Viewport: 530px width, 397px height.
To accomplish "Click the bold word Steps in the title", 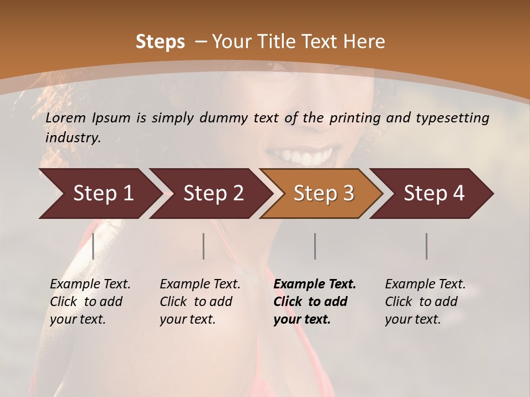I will (x=160, y=42).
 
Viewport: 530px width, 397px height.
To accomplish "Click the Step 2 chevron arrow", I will (x=210, y=194).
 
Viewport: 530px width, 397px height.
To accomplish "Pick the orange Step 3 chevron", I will (x=321, y=194).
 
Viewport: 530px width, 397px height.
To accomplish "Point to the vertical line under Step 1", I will (x=93, y=246).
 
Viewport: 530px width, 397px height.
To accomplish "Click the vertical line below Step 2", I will (x=204, y=246).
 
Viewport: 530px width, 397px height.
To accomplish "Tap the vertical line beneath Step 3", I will (x=315, y=246).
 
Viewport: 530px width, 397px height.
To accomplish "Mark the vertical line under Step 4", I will (x=426, y=246).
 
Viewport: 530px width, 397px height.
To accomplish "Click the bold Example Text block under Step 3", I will (x=315, y=302).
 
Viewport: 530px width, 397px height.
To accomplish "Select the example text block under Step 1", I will (x=90, y=302).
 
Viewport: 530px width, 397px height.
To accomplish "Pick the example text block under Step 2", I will (x=200, y=302).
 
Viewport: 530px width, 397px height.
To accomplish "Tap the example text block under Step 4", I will (x=425, y=302).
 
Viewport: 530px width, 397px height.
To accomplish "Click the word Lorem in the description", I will (x=66, y=117).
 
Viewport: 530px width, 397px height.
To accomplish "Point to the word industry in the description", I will (x=73, y=138).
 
